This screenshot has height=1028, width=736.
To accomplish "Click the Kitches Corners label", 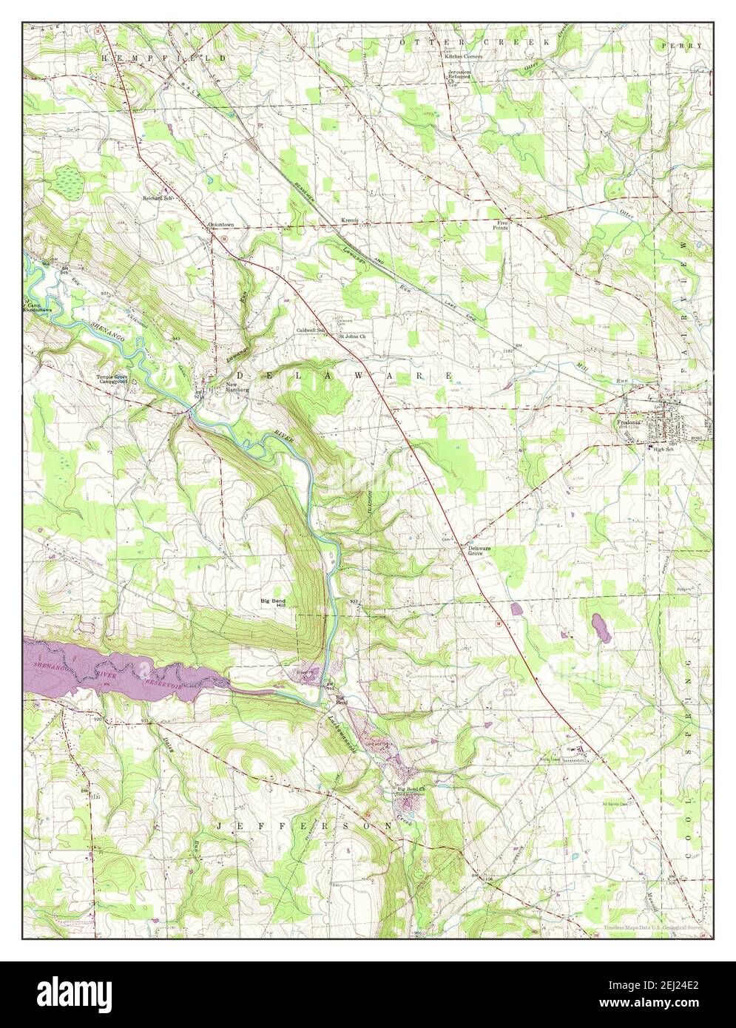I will click(464, 56).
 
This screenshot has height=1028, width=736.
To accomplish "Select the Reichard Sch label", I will click(158, 198).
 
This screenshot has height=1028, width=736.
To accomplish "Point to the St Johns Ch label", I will click(352, 337).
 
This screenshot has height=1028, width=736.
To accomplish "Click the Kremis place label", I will click(349, 221).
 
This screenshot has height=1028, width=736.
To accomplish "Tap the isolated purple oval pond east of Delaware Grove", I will click(599, 629).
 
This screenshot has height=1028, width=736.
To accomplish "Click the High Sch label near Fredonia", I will click(664, 449).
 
